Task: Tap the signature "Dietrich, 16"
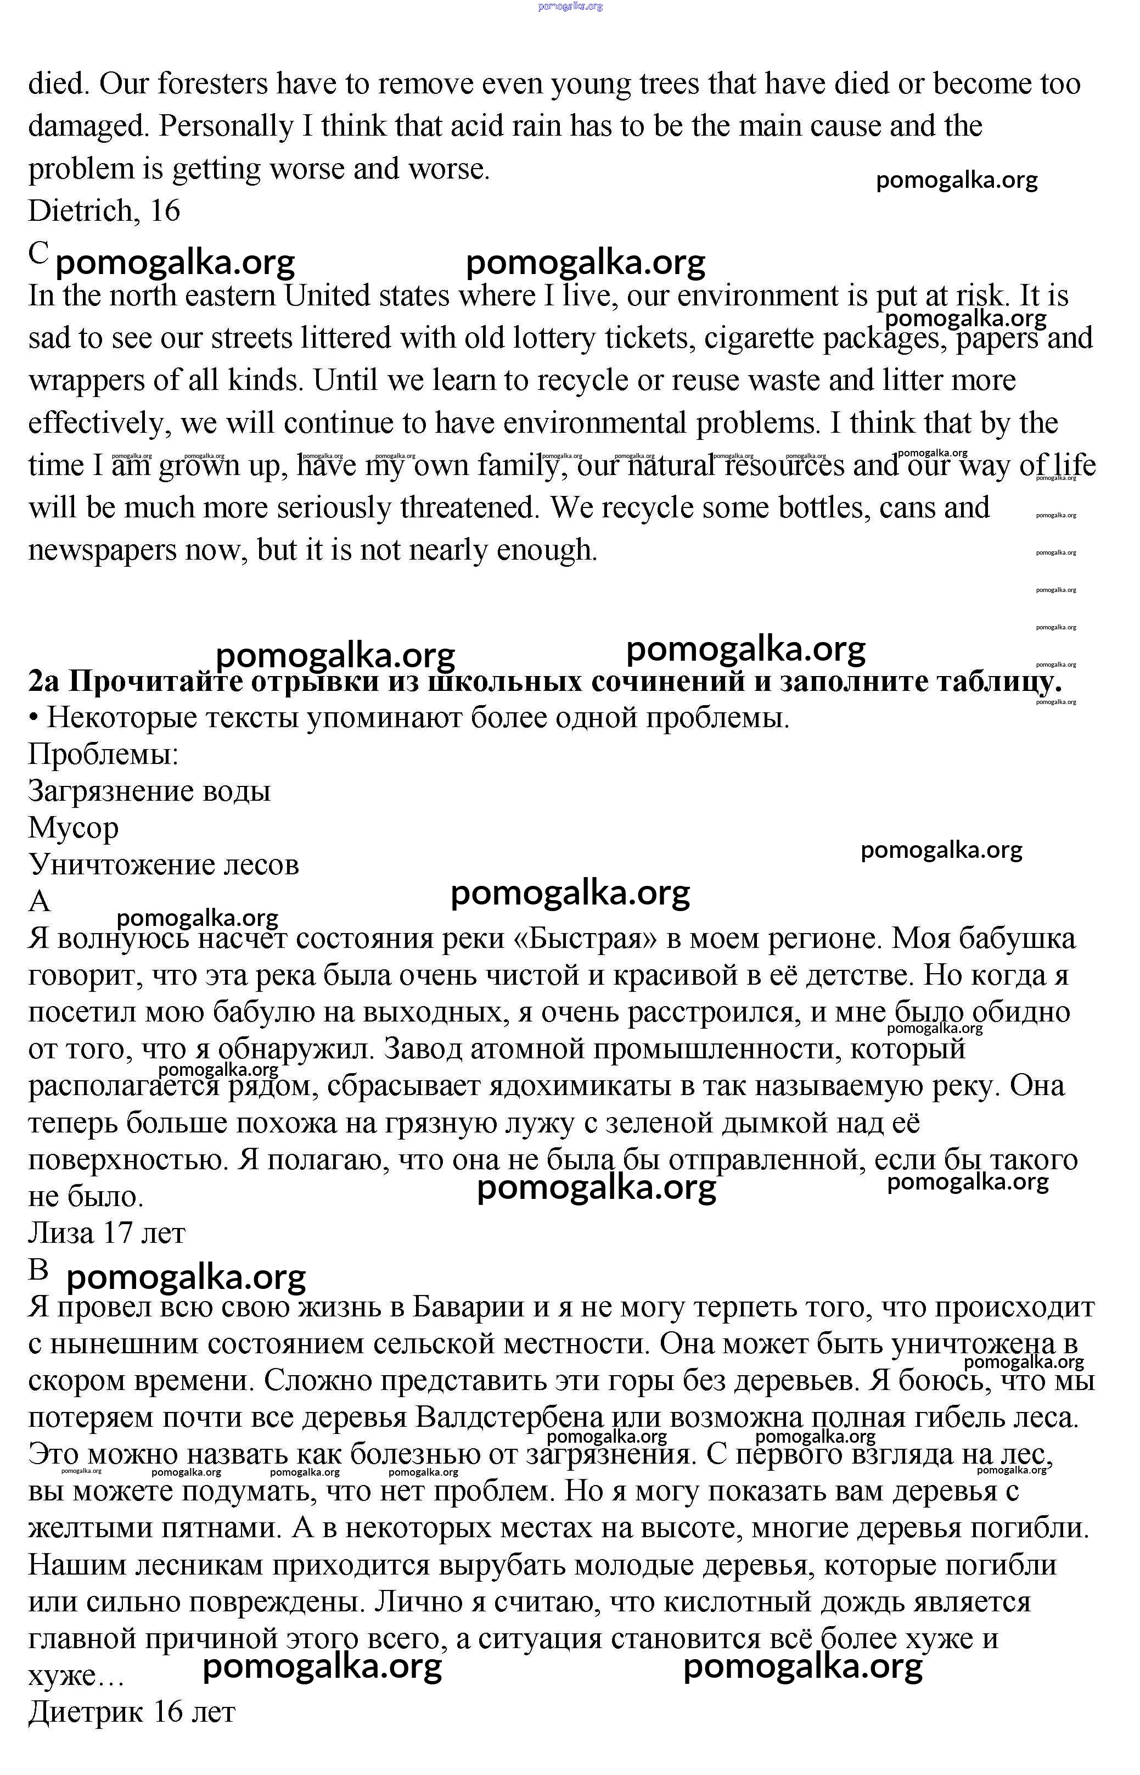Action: click(x=104, y=211)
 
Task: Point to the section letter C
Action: click(x=38, y=253)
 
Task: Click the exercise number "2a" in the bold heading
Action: click(x=44, y=680)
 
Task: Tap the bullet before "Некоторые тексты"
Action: click(x=33, y=718)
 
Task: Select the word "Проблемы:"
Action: click(x=104, y=755)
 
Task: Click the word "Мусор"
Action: click(x=74, y=828)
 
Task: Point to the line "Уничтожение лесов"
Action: click(x=164, y=865)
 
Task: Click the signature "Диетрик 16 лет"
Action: click(x=132, y=1711)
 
